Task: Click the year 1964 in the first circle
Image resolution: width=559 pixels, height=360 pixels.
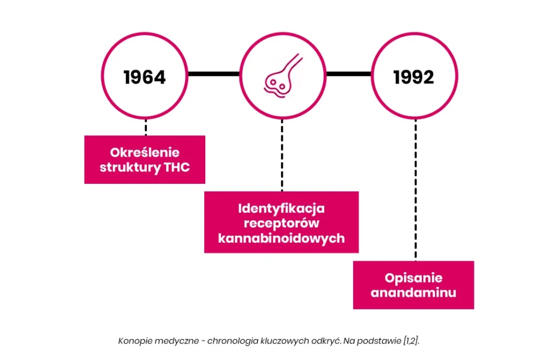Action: click(x=144, y=77)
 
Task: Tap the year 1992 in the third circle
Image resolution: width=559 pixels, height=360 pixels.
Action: click(x=414, y=77)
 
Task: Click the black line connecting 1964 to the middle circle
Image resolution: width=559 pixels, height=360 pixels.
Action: click(x=213, y=74)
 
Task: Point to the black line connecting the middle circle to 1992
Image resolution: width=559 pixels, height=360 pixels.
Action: click(x=349, y=74)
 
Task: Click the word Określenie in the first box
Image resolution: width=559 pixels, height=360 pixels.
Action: click(x=145, y=152)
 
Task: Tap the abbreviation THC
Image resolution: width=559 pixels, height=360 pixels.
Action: click(x=177, y=167)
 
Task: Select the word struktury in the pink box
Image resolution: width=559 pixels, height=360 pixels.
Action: click(x=130, y=167)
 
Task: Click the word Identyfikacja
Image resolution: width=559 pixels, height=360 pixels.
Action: click(x=281, y=209)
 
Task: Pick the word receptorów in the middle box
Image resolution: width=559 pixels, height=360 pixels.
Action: click(x=281, y=223)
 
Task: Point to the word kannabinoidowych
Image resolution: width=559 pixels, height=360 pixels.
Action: click(x=281, y=238)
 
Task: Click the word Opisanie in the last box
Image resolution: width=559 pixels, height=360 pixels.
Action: click(x=414, y=278)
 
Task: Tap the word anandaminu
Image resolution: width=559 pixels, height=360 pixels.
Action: click(x=414, y=293)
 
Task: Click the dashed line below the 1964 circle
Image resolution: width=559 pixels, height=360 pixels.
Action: click(x=146, y=127)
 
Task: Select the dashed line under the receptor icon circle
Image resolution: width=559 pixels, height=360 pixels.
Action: click(x=282, y=155)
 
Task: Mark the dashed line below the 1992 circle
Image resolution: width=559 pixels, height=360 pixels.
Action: click(x=415, y=190)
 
